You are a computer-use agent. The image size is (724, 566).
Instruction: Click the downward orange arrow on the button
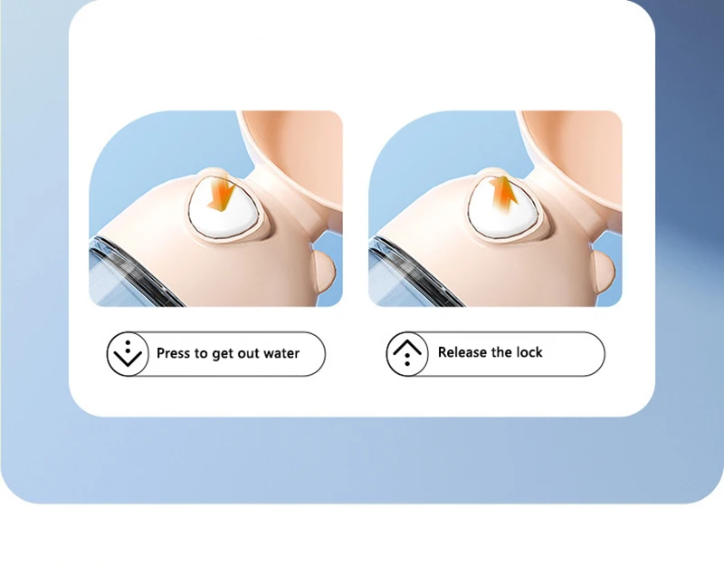pyautogui.click(x=222, y=194)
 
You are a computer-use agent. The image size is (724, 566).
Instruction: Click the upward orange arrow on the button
pyautogui.click(x=504, y=194)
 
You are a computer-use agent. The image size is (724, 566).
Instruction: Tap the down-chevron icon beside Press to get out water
pyautogui.click(x=128, y=354)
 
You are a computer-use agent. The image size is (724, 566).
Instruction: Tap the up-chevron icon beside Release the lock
pyautogui.click(x=407, y=354)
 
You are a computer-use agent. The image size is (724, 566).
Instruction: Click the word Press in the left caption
pyautogui.click(x=174, y=353)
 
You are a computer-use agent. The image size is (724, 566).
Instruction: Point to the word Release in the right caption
pyautogui.click(x=462, y=352)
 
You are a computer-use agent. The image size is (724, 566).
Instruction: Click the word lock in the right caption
pyautogui.click(x=529, y=352)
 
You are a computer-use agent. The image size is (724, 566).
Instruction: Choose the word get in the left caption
pyautogui.click(x=223, y=355)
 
